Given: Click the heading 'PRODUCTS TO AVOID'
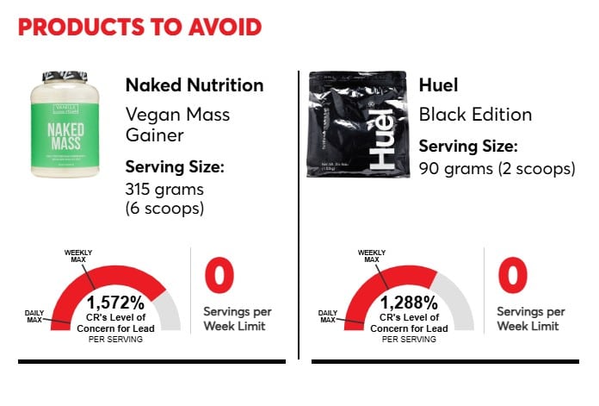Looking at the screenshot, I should point(139,27).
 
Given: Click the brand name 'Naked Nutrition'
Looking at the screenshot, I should point(195,85).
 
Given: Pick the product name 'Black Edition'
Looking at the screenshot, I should point(475,115).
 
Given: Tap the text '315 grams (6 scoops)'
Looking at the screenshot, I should point(165,199).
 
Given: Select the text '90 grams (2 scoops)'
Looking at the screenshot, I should point(497,168).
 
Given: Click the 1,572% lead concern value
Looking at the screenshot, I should point(116,303).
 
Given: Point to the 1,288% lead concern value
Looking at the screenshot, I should point(409,303).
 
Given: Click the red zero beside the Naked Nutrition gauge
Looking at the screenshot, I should point(219,277).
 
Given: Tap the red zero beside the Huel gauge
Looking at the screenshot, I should point(513,277).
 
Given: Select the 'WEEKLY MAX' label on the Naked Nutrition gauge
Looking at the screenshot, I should point(79,256).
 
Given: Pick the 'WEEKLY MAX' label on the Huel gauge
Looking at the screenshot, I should point(372,256).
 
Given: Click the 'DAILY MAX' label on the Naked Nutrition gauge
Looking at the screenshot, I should point(35,315).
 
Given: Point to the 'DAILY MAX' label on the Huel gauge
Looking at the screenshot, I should point(328,315).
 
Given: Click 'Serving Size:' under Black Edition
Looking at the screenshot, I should point(469,147).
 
